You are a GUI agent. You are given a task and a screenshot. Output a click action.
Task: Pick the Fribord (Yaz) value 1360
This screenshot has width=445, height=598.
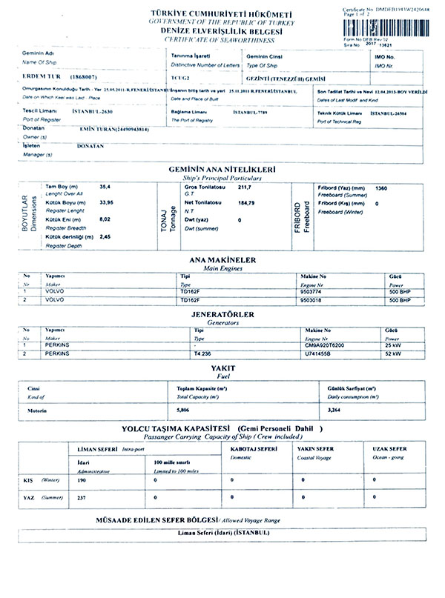coord(383,188)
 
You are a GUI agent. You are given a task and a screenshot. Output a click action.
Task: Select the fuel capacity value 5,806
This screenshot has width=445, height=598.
coord(184,410)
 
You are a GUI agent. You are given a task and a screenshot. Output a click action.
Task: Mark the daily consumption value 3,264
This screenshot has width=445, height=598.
coord(334,410)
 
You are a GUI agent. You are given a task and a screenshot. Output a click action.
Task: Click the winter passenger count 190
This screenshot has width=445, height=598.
coord(82,479)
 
